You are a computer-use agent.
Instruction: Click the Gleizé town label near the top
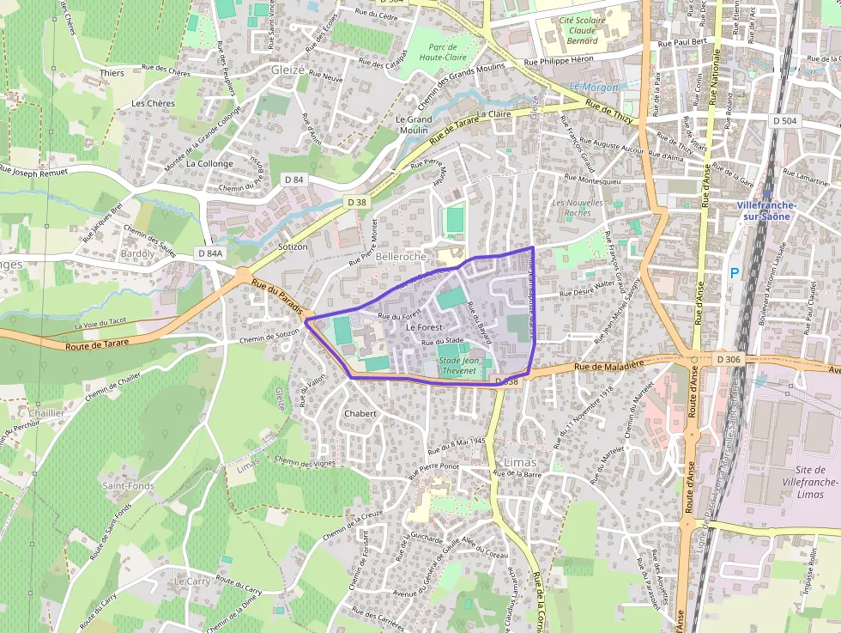(287, 70)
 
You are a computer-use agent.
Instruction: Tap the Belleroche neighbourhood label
(401, 257)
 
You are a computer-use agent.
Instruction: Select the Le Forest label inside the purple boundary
(424, 327)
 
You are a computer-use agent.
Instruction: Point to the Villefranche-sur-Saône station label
(766, 211)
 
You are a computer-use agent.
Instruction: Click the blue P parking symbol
(734, 272)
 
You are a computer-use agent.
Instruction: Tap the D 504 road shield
(784, 121)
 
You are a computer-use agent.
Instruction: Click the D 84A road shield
(209, 253)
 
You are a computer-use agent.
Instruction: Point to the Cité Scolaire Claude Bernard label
(582, 30)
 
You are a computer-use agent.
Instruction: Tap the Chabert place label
(360, 413)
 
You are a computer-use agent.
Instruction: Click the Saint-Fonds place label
(129, 485)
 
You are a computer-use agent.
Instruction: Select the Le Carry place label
(191, 581)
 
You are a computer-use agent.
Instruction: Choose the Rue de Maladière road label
(609, 367)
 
